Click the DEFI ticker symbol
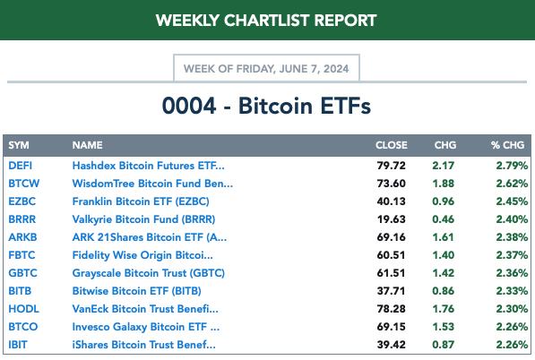click(20, 166)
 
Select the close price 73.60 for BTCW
click(392, 184)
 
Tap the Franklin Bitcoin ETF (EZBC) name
click(141, 201)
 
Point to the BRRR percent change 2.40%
click(512, 219)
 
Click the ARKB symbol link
click(22, 237)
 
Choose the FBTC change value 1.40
click(444, 255)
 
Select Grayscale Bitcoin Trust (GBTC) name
click(149, 273)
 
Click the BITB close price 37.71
click(392, 291)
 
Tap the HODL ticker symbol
click(23, 309)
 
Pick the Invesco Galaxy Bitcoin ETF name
click(146, 327)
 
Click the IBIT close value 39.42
click(392, 345)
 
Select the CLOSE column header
click(392, 145)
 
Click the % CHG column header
click(508, 145)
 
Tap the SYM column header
click(19, 145)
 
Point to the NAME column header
click(87, 145)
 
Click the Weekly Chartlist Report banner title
click(266, 21)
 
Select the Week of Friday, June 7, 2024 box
click(266, 68)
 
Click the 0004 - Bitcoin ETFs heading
click(266, 106)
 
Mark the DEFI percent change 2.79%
click(512, 166)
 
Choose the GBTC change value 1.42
click(444, 273)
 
